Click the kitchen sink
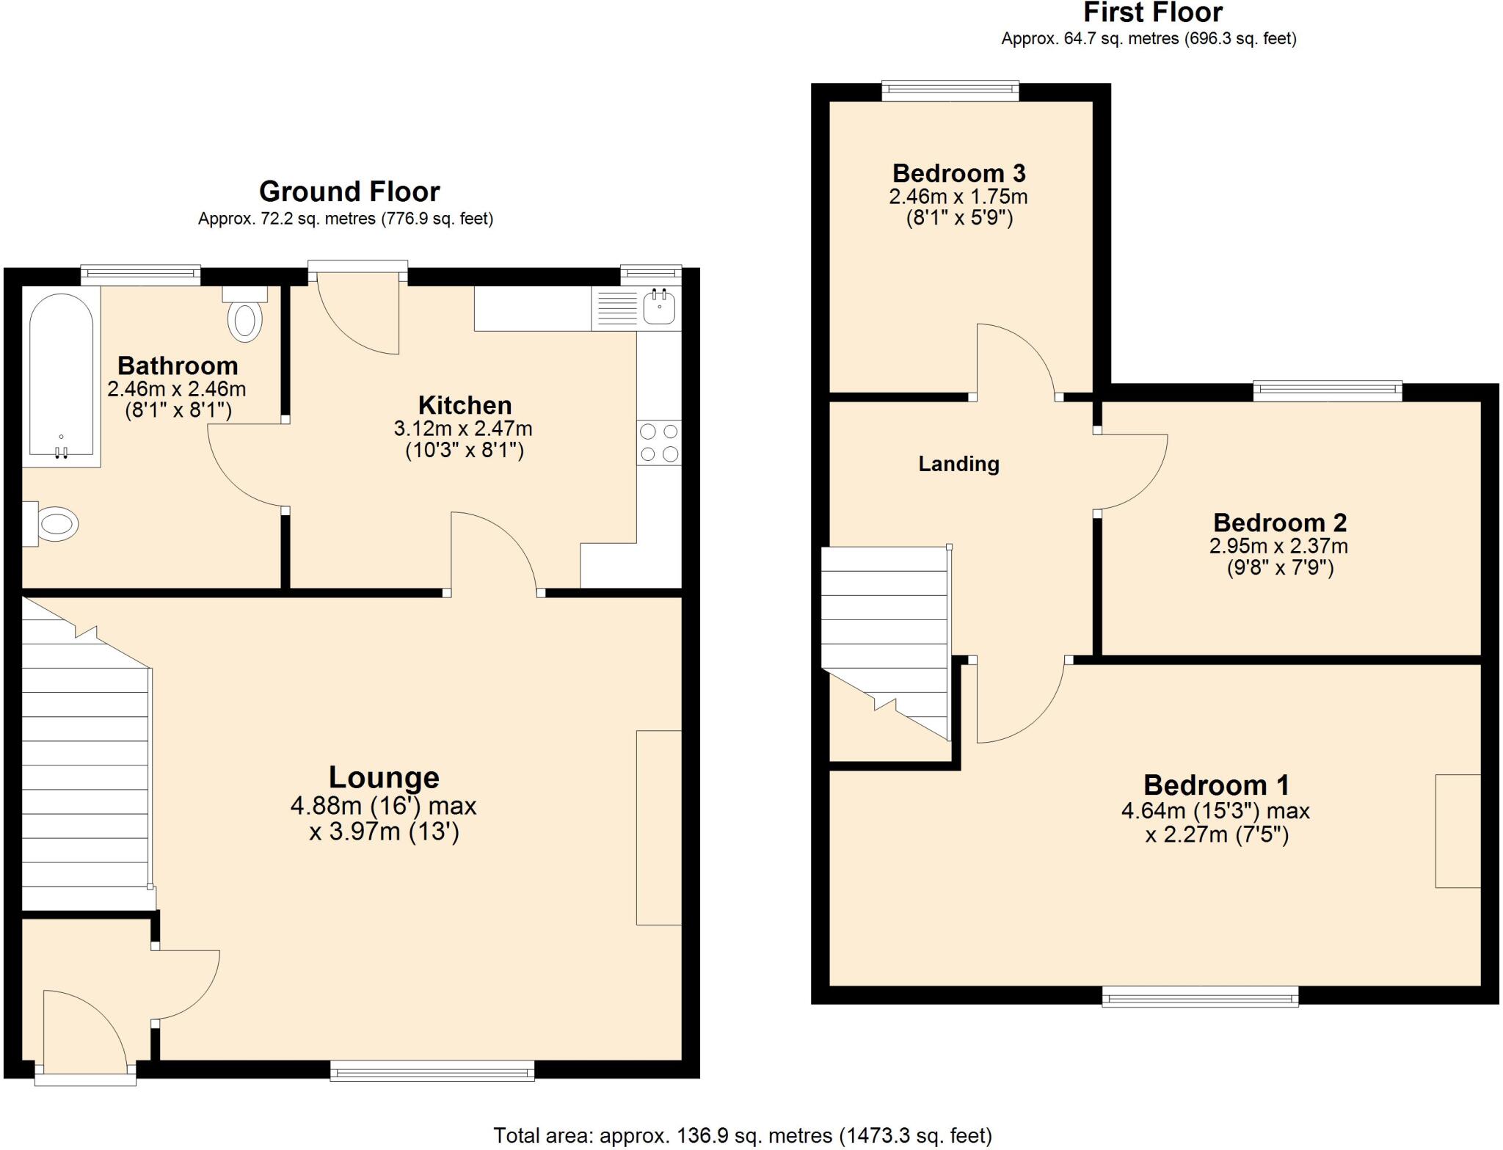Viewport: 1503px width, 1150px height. [x=659, y=307]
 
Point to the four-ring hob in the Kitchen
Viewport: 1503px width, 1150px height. [x=659, y=443]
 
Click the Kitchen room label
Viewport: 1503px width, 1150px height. [x=465, y=405]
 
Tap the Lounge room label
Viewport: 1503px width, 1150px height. [x=384, y=777]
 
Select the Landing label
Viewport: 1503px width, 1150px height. [x=958, y=464]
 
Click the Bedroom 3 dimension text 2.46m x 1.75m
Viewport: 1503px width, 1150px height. [x=958, y=197]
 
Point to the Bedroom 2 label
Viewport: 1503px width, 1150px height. [x=1279, y=523]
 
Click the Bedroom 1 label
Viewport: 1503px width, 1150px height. [x=1215, y=785]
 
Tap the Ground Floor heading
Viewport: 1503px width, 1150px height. [x=349, y=192]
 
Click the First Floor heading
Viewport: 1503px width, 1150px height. [x=1153, y=12]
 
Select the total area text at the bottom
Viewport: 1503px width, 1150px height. [x=742, y=1136]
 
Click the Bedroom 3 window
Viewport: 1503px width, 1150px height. [x=950, y=91]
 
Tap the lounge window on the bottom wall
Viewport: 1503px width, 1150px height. [x=432, y=1072]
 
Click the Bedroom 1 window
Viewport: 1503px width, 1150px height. [x=1200, y=997]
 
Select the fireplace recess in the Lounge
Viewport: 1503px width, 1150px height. [x=658, y=827]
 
